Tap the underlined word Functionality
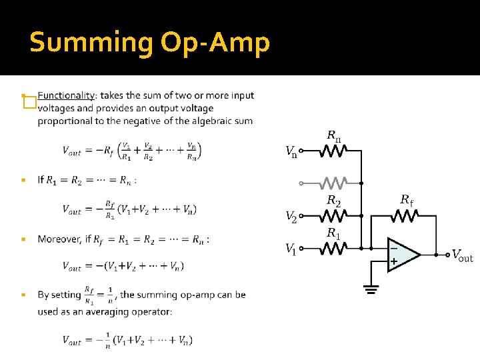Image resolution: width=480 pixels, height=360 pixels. [x=67, y=95]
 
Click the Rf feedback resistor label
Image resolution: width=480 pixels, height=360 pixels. [x=407, y=199]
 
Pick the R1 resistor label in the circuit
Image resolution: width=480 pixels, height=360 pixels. [x=333, y=234]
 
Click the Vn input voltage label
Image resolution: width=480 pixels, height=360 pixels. [x=291, y=152]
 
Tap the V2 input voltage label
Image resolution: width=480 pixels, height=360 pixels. [x=291, y=216]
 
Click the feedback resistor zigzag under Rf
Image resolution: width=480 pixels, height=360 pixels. [x=405, y=215]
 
